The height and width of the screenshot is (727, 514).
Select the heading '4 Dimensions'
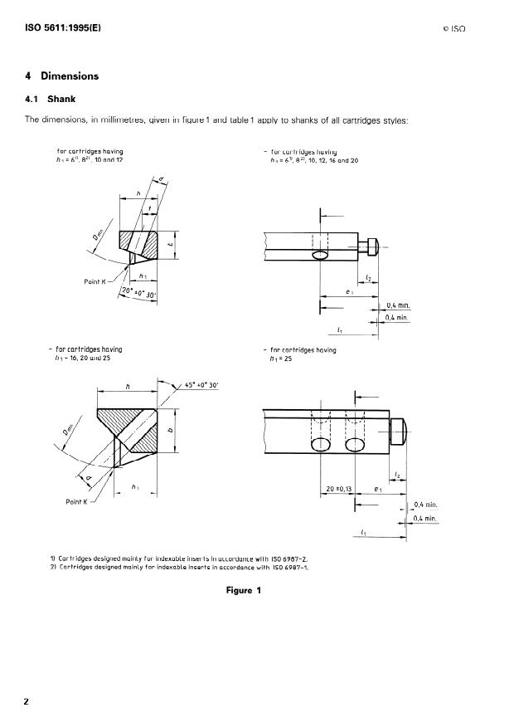[62, 76]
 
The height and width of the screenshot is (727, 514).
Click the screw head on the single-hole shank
[371, 245]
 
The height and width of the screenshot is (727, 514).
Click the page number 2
[27, 702]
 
